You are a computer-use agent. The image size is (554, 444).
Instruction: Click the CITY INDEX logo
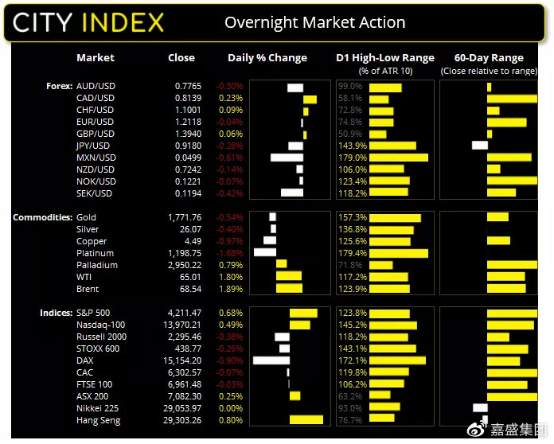click(88, 21)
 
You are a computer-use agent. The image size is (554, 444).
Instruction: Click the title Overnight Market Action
click(314, 21)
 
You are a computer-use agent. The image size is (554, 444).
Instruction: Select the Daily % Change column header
click(267, 58)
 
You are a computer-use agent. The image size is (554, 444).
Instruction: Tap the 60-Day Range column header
click(489, 58)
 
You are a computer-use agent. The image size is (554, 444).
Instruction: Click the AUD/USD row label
click(95, 86)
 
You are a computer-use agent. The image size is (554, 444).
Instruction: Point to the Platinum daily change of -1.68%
click(230, 253)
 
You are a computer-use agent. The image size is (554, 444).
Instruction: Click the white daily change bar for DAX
click(271, 360)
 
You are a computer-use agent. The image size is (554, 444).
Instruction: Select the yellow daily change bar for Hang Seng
click(306, 420)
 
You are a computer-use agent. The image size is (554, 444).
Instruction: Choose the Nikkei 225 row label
click(98, 408)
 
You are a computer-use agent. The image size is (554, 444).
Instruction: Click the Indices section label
click(56, 313)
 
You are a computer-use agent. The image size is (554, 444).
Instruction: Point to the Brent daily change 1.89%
click(231, 289)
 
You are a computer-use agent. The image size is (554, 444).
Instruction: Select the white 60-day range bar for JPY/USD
click(479, 146)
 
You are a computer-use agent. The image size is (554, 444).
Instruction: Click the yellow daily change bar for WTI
click(289, 277)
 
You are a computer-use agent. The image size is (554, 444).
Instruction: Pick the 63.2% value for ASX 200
click(351, 396)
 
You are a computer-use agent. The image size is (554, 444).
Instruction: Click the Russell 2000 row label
click(102, 337)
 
